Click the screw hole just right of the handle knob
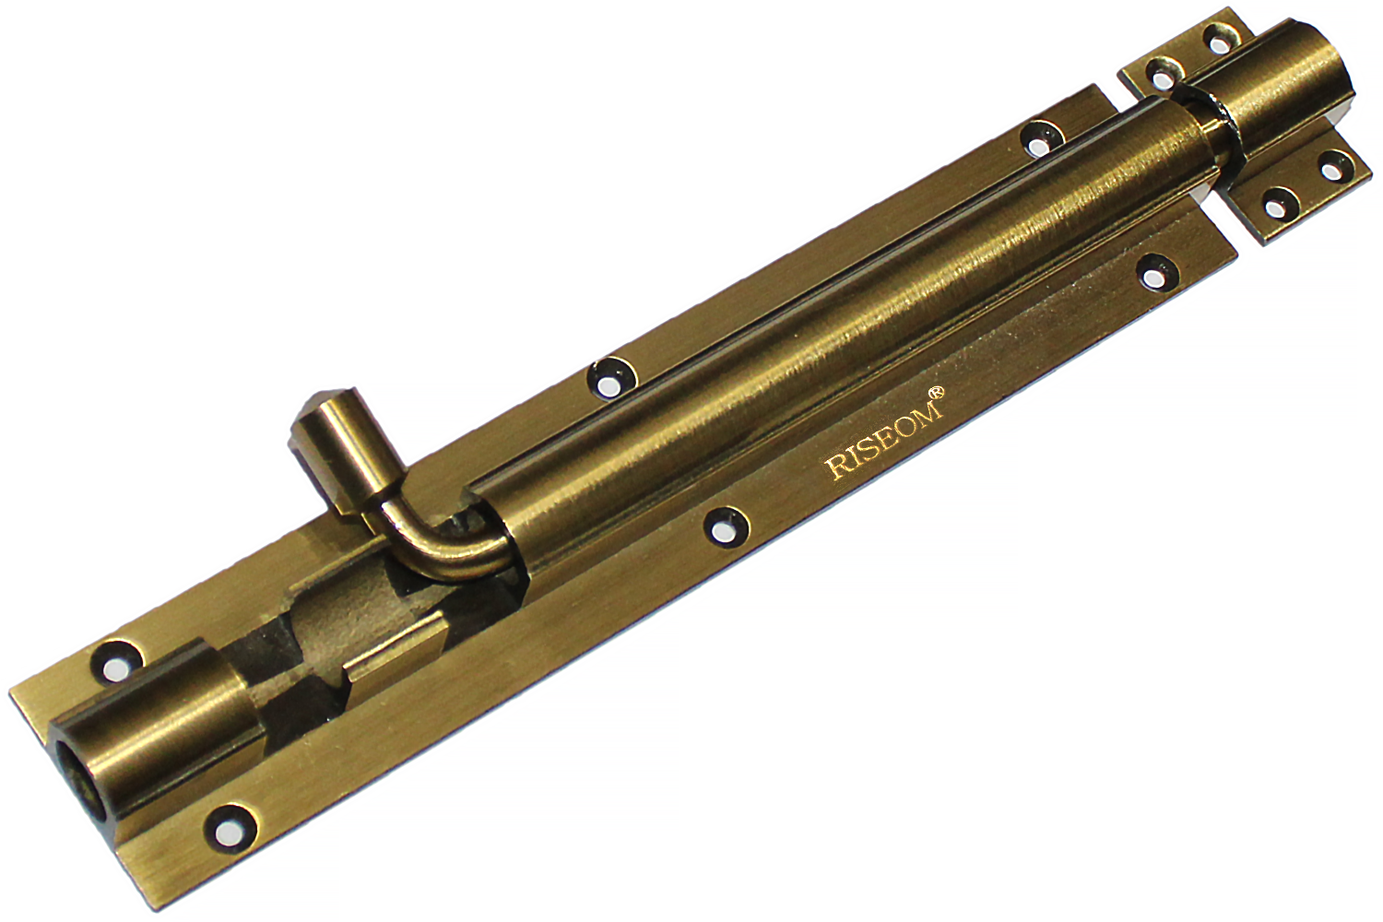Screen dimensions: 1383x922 pyautogui.click(x=611, y=378)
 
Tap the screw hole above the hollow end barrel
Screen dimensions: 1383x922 pyautogui.click(x=115, y=661)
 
